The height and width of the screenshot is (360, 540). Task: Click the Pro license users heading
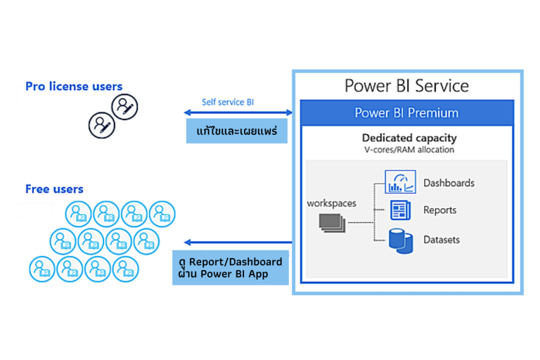[x=74, y=86]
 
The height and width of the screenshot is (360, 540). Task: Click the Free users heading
[x=54, y=188]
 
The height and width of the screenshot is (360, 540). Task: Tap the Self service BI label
[x=228, y=102]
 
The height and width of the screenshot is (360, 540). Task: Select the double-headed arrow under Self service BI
[x=238, y=112]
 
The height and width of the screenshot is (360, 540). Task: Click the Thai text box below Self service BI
[x=237, y=131]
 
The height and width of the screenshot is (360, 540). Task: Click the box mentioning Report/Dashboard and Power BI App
[x=231, y=268]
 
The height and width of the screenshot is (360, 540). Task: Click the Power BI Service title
[x=406, y=86]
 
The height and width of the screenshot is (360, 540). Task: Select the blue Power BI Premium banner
[x=406, y=112]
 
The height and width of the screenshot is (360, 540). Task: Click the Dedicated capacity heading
[x=409, y=138]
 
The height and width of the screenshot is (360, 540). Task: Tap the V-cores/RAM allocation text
[x=409, y=150]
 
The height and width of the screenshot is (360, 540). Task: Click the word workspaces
[x=331, y=203]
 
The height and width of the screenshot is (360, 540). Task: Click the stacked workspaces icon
[x=331, y=222]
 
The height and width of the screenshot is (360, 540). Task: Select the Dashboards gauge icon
[x=400, y=182]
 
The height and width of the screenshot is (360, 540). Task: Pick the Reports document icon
[x=400, y=210]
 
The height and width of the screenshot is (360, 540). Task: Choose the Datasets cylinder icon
[x=399, y=240]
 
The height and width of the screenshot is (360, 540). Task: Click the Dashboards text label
[x=449, y=183]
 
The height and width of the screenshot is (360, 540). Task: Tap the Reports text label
[x=439, y=210]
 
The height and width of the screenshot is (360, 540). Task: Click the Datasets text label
[x=442, y=240]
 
